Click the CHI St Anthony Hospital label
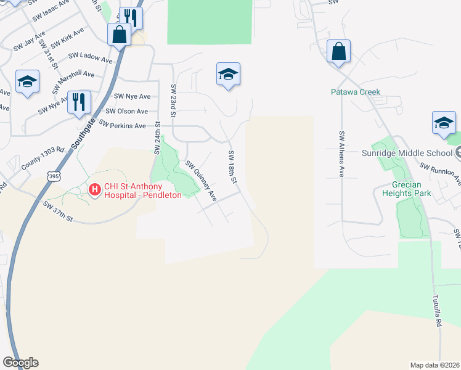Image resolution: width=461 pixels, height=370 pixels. pos(142,189)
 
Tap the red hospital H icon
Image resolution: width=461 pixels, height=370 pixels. pos(95,189)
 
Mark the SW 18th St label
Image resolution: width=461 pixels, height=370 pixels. pos(232,167)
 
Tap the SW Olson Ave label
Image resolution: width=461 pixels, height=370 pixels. pos(127,111)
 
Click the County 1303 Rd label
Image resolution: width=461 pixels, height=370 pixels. pos(43,158)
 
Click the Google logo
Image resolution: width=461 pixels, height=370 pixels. pos(20,363)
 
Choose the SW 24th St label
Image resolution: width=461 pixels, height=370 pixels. pos(156,140)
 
